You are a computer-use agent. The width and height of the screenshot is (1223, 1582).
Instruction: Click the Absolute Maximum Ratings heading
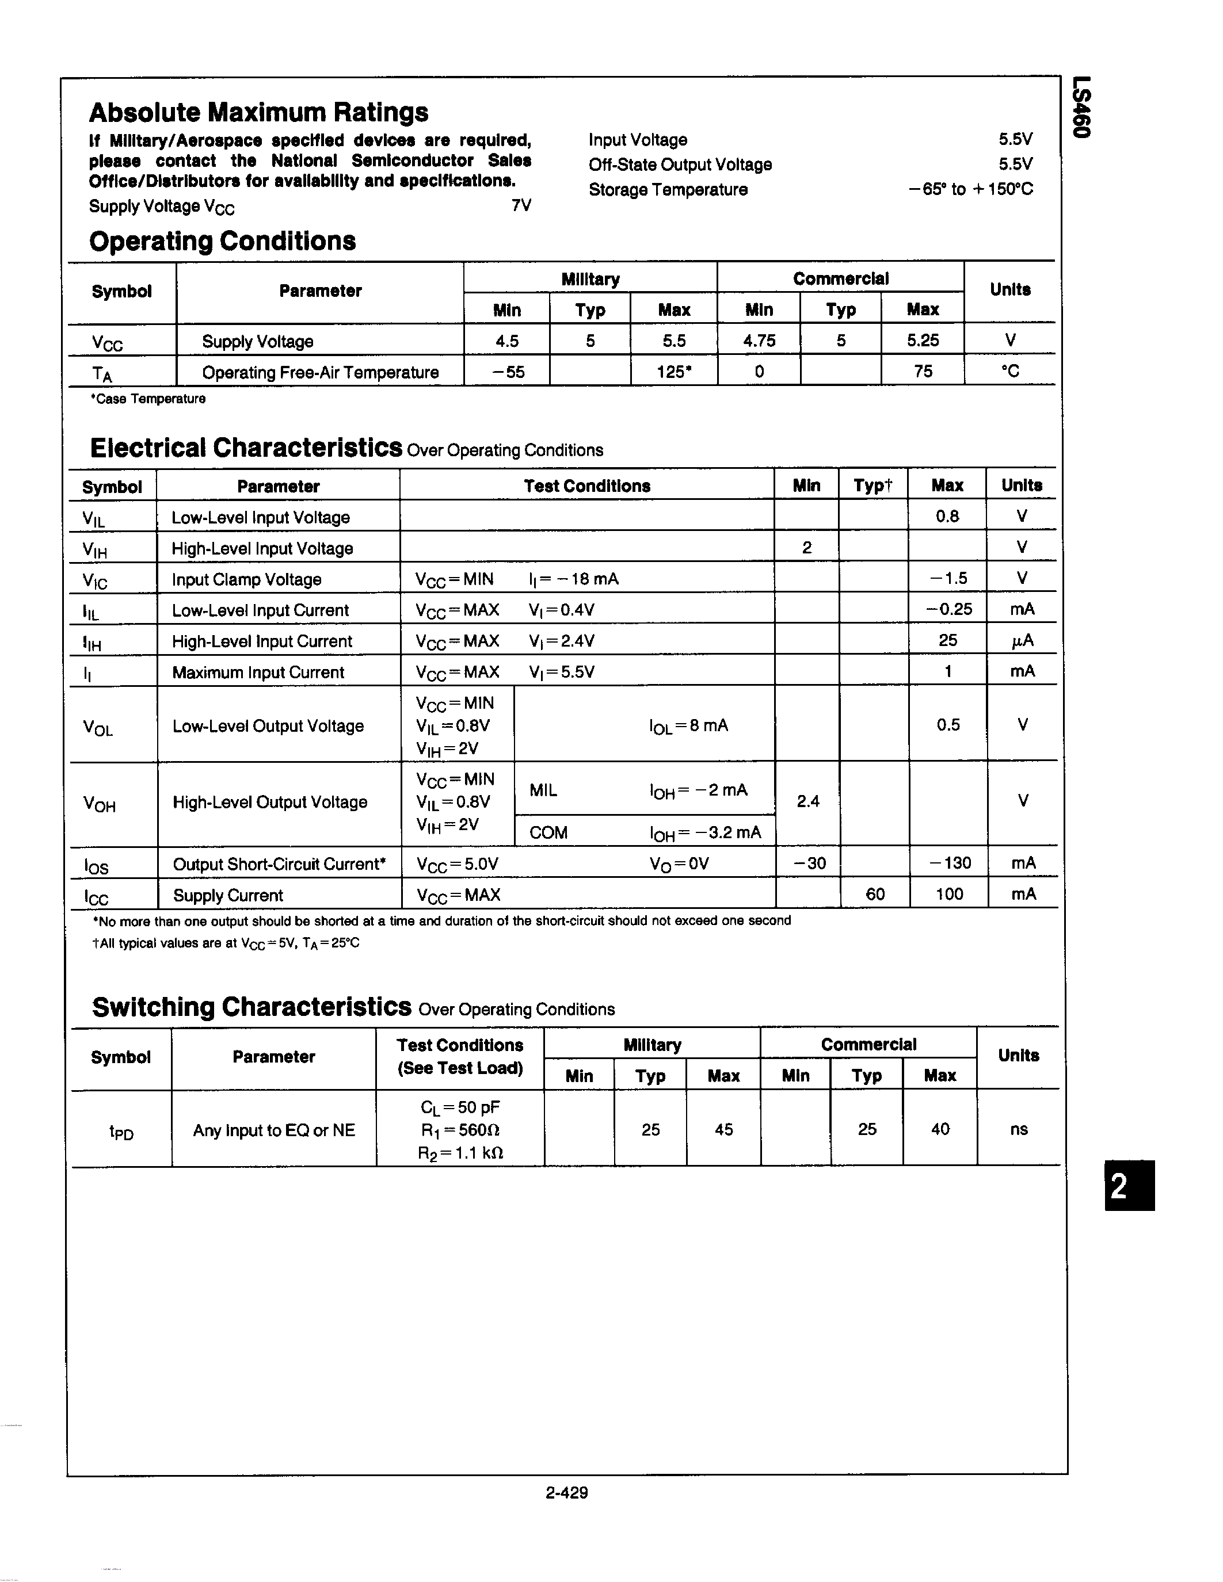pos(258,112)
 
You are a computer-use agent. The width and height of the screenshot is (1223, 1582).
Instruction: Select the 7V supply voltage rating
pos(521,206)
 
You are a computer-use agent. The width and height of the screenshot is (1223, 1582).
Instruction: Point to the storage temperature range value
pos(970,189)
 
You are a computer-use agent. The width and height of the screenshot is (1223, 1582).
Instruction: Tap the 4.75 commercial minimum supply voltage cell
pos(759,341)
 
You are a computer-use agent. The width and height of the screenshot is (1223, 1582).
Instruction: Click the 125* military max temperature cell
pos(673,372)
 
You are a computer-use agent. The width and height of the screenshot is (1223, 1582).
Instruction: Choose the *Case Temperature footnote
pos(148,399)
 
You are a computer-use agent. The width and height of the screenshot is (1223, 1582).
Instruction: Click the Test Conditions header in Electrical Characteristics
pos(587,486)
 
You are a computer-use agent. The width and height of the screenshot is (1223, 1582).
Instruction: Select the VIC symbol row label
pos(95,580)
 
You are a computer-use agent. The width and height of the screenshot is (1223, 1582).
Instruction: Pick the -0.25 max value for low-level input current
pos(948,609)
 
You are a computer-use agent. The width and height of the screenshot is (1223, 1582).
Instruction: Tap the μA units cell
pos(1022,640)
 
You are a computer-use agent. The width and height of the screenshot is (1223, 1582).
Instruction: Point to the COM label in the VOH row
pos(548,832)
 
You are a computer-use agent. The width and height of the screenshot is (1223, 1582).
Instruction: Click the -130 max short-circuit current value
pos(949,863)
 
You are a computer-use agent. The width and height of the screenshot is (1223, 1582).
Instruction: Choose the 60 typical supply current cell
pos(875,894)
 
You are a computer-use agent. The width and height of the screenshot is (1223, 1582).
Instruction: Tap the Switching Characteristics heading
pos(252,1007)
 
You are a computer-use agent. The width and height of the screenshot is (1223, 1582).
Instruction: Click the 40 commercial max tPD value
pos(940,1129)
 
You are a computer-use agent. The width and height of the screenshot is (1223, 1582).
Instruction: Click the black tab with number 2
pos(1129,1186)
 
